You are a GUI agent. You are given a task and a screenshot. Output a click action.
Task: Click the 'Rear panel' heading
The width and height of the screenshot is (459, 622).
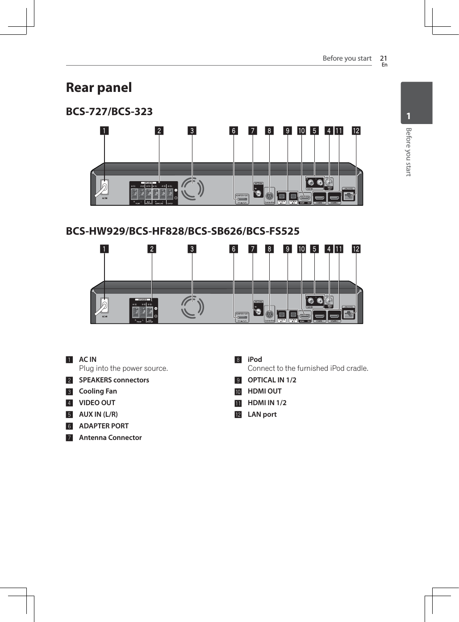click(99, 87)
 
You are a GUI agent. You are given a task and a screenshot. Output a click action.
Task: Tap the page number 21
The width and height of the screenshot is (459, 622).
click(383, 58)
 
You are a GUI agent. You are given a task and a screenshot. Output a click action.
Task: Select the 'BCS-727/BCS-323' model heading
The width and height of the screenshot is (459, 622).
click(109, 112)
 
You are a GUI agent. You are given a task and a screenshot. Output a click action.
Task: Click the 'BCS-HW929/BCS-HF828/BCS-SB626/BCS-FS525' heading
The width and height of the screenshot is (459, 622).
click(183, 231)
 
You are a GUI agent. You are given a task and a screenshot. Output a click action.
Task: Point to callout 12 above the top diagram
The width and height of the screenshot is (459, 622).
click(356, 131)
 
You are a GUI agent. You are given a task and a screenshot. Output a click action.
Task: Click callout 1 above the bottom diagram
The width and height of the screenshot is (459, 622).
click(104, 249)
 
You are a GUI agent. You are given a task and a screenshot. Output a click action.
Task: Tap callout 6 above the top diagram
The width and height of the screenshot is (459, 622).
click(234, 131)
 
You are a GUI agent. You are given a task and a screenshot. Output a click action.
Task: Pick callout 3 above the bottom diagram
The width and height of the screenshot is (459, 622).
click(192, 249)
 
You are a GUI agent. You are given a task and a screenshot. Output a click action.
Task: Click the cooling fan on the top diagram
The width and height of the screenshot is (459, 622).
click(192, 189)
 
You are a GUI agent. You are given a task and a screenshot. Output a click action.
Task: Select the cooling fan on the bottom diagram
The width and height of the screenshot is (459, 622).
click(192, 307)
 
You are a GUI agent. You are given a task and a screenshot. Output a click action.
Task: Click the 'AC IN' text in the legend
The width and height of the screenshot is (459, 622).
click(88, 360)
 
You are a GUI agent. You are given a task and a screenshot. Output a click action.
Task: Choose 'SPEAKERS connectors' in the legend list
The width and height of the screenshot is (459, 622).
click(114, 380)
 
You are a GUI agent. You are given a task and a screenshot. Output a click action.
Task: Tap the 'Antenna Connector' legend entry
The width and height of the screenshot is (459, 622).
click(110, 438)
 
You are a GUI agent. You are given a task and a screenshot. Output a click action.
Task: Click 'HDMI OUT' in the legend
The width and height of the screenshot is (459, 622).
click(264, 391)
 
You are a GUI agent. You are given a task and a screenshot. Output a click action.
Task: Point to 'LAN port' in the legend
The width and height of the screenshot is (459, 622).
click(262, 415)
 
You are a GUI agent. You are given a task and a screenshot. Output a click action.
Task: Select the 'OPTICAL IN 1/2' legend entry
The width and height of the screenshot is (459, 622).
click(272, 380)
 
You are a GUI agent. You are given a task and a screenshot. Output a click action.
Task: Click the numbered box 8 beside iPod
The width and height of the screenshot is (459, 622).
click(238, 360)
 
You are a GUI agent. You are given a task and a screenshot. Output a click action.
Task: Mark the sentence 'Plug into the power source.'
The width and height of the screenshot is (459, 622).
click(123, 369)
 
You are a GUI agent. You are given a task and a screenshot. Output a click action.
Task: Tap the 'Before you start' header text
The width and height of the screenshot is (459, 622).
click(347, 58)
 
